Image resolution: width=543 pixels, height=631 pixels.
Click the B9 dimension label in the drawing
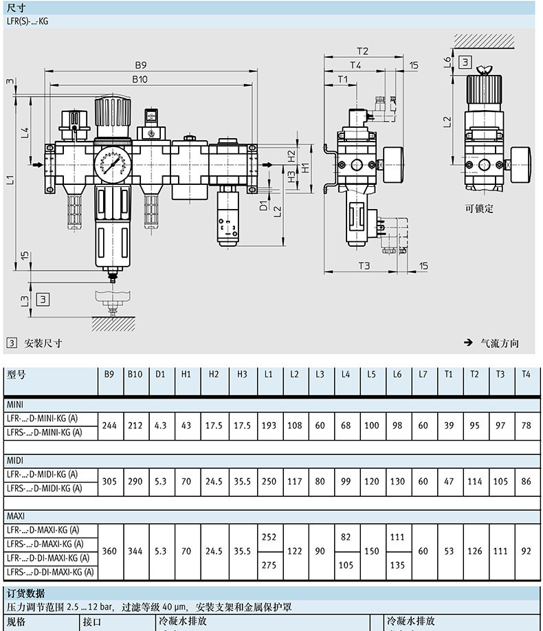(141, 65)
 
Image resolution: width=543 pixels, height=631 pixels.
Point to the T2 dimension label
(363, 51)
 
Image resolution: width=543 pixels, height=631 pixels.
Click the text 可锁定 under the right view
(478, 209)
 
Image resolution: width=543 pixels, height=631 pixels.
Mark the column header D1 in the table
(160, 375)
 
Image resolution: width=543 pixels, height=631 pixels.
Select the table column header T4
(527, 375)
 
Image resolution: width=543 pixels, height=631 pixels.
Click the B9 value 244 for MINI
(109, 425)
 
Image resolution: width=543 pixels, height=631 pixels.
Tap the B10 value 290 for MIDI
(135, 481)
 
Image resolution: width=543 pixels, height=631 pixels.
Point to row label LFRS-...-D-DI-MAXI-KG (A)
(50, 571)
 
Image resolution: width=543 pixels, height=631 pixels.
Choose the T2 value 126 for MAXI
(474, 551)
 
